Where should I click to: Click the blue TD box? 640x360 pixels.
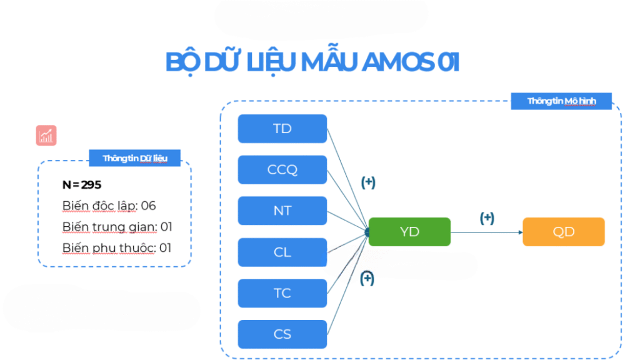282,129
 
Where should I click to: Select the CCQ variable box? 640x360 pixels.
282,169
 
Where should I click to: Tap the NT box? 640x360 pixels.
282,211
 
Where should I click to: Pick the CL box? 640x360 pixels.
282,252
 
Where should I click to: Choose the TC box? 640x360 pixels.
282,293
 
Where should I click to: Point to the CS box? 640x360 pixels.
282,334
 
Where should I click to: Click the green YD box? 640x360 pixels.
409,232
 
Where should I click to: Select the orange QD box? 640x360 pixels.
564,232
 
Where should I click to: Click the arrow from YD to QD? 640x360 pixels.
486,232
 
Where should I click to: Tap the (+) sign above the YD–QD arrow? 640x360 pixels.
487,218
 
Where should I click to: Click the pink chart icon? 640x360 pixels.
46,135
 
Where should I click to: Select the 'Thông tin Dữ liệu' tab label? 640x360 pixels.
135,158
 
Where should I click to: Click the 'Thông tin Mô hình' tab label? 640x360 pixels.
561,101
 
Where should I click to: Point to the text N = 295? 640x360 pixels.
82,185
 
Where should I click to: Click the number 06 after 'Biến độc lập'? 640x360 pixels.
148,205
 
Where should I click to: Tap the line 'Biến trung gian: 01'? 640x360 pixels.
117,227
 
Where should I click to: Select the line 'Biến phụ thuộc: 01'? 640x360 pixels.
117,248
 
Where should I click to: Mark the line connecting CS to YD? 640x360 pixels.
347,283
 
